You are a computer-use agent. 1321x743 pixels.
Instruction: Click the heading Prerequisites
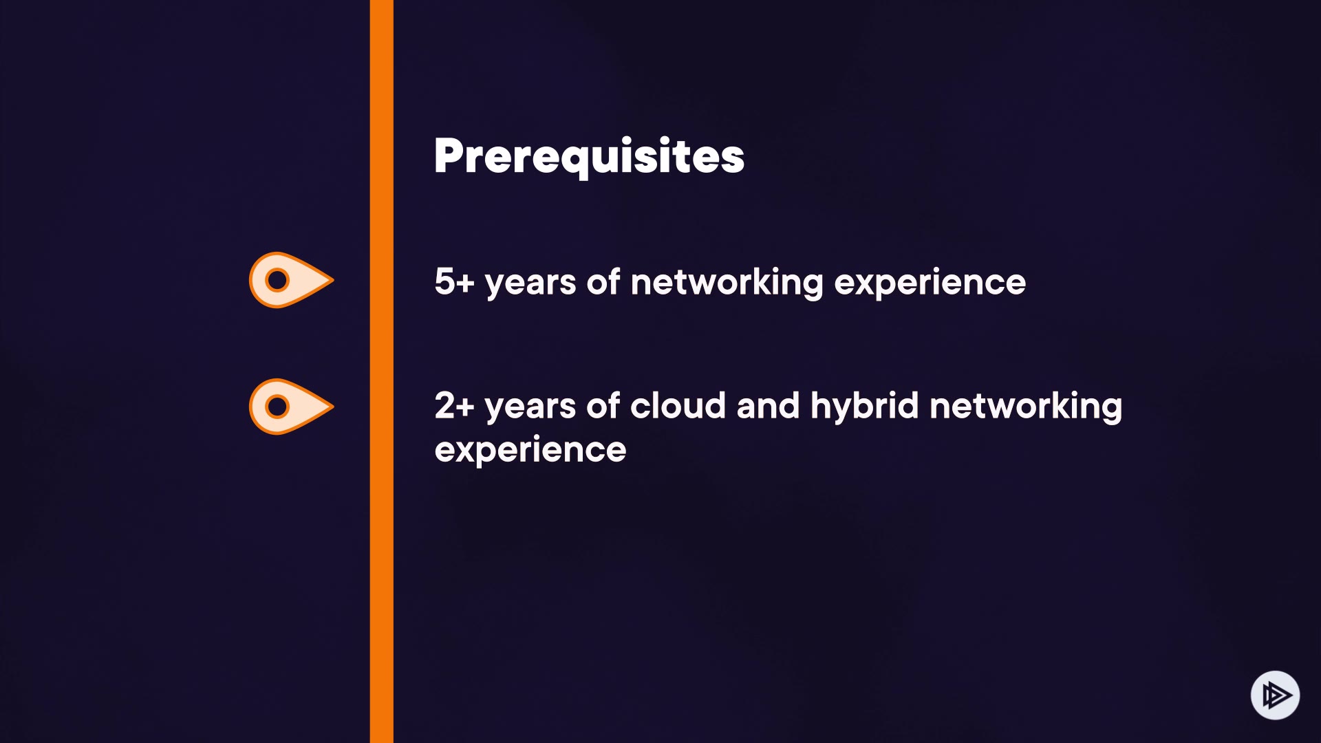589,157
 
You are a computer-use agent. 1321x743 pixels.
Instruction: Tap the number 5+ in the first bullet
454,281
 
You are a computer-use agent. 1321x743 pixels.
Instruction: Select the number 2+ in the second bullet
454,405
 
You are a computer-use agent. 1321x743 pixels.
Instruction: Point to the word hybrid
864,407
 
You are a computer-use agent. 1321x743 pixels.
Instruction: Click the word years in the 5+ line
530,284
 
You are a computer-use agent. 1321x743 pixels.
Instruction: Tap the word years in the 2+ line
530,408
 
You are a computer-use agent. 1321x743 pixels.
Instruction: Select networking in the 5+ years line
727,283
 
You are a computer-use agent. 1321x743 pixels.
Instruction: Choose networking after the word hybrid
1026,407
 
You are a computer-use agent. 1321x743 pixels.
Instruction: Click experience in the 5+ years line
930,284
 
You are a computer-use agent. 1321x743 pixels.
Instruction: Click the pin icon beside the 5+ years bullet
291,280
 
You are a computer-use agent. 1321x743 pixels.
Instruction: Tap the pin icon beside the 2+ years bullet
291,407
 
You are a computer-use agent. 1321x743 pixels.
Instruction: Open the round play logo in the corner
1275,695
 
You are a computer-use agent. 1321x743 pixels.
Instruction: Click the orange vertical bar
382,371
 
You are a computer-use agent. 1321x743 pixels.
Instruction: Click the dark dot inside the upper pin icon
277,280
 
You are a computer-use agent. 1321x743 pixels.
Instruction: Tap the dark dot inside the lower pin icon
277,407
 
